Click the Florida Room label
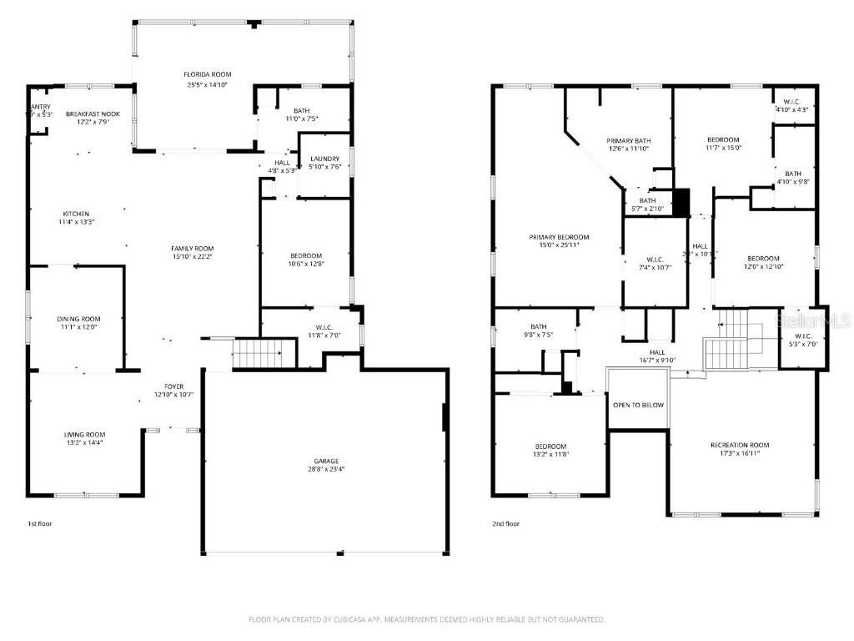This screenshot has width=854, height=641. tap(207, 74)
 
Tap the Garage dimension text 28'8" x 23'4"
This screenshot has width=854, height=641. tap(325, 470)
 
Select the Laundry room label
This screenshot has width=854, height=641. tap(324, 158)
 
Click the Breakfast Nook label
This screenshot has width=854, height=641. tap(93, 114)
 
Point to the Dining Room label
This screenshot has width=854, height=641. tap(78, 319)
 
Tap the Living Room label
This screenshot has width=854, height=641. tap(85, 434)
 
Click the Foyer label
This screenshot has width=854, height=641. tap(173, 386)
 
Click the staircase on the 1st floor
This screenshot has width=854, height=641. tap(264, 354)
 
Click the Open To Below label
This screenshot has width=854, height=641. tap(638, 405)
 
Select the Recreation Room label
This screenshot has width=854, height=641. tap(740, 445)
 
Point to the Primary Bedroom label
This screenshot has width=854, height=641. tap(559, 237)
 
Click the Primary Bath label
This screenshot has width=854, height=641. tap(627, 140)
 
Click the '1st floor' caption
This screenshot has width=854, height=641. tap(40, 524)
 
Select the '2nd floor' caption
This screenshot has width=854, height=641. tap(505, 524)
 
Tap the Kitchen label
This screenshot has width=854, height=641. tap(76, 214)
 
